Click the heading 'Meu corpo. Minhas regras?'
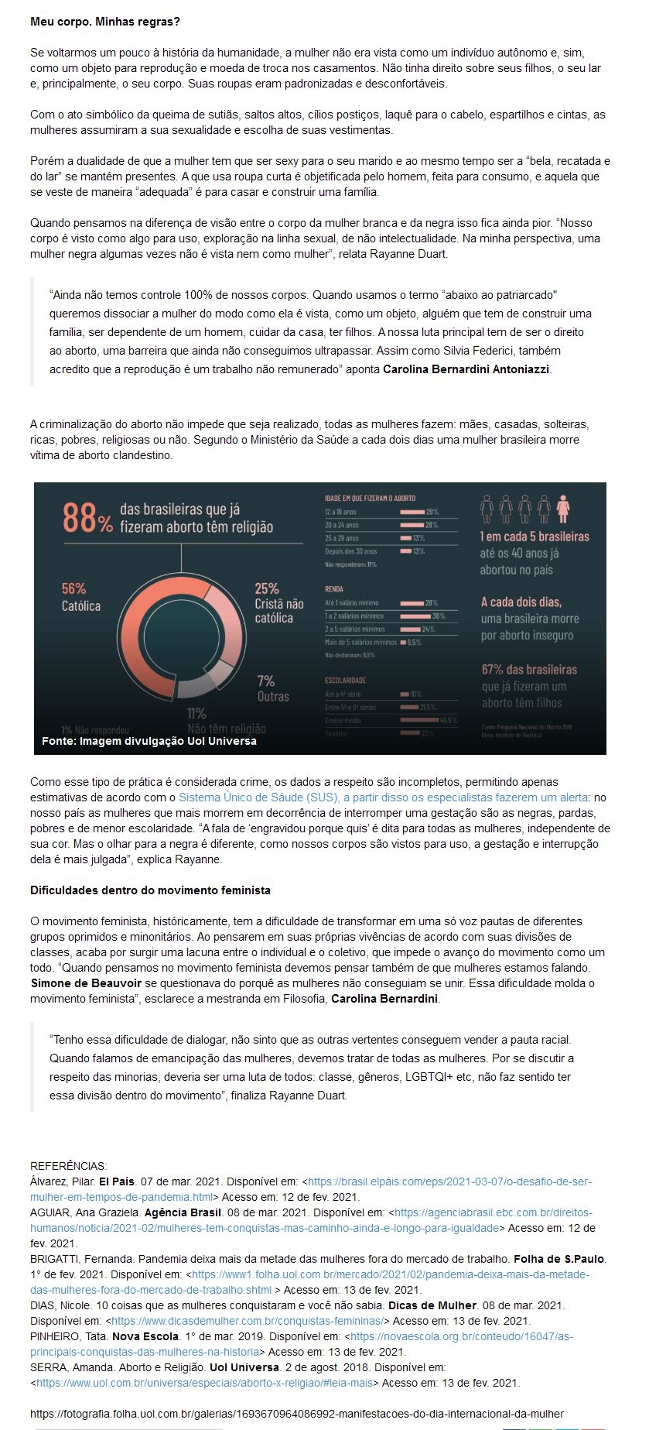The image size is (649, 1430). (104, 22)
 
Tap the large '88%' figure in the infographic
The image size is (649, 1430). (87, 518)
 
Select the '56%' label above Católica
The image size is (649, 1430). (74, 588)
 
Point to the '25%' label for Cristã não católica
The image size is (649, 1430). (267, 588)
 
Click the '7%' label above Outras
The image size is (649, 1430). (265, 681)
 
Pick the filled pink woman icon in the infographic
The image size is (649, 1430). (563, 508)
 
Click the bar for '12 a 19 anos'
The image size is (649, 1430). (412, 512)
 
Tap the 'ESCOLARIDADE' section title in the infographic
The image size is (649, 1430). (346, 680)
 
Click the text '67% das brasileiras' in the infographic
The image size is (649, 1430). (529, 669)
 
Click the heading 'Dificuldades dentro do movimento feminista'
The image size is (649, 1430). (150, 890)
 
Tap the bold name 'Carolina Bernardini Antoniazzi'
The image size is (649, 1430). (466, 369)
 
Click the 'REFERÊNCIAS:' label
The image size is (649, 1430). (69, 1166)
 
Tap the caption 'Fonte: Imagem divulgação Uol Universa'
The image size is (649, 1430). (149, 741)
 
